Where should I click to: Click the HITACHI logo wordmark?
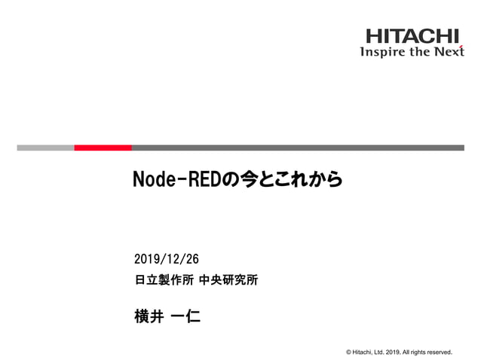coord(412,35)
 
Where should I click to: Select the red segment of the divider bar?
coord(103,148)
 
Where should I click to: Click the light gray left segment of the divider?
coord(45,148)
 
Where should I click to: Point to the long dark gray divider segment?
coord(298,148)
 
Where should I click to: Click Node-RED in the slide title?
coord(175,180)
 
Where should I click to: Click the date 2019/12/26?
coord(166,260)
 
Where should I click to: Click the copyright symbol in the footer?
coord(348,351)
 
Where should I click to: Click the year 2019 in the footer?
coord(395,351)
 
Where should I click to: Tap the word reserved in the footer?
coord(438,351)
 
